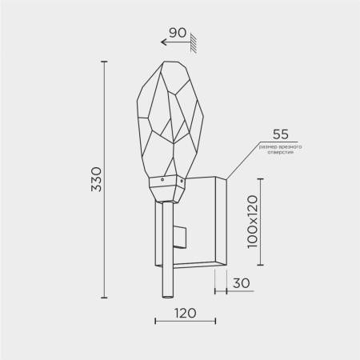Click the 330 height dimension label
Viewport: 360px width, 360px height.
coord(96,179)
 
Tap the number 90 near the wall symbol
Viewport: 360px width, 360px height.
coord(178,33)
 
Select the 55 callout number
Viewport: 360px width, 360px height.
coord(281,134)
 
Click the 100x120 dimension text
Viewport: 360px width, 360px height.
coord(253,222)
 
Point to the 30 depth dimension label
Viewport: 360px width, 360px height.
coord(242,283)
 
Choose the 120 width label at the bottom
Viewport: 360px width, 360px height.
coord(186,313)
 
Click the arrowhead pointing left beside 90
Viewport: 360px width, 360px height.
coord(163,42)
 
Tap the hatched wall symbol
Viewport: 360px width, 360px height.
coord(194,42)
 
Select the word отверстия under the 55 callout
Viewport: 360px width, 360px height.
coord(281,152)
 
